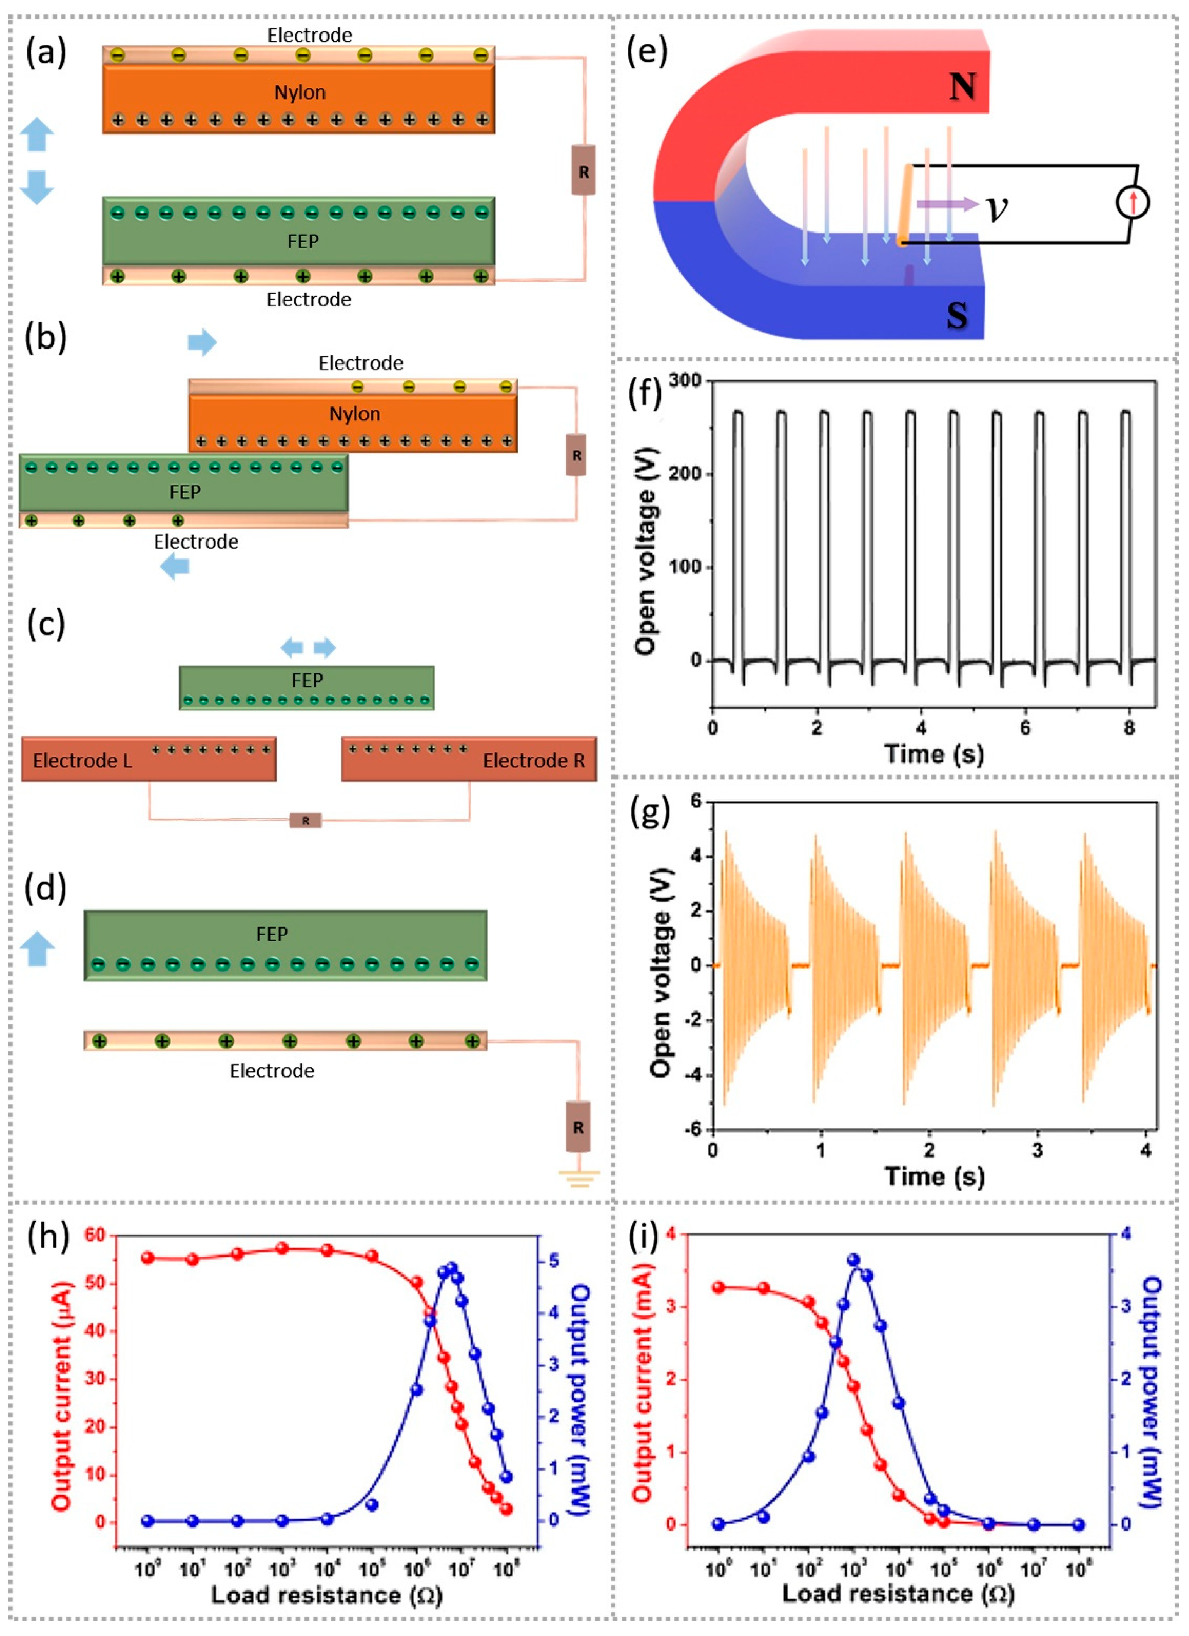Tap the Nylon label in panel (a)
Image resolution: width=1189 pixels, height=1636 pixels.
click(x=300, y=92)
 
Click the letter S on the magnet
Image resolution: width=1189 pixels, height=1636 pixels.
click(x=957, y=315)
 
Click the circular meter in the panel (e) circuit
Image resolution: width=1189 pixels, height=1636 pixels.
click(x=1132, y=203)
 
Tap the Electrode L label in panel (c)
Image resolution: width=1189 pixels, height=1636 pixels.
click(x=82, y=760)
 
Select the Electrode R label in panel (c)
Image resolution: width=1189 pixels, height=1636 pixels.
click(x=533, y=760)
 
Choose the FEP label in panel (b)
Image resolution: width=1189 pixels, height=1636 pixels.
click(x=185, y=492)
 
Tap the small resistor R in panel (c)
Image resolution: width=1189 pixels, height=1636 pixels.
click(x=306, y=820)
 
